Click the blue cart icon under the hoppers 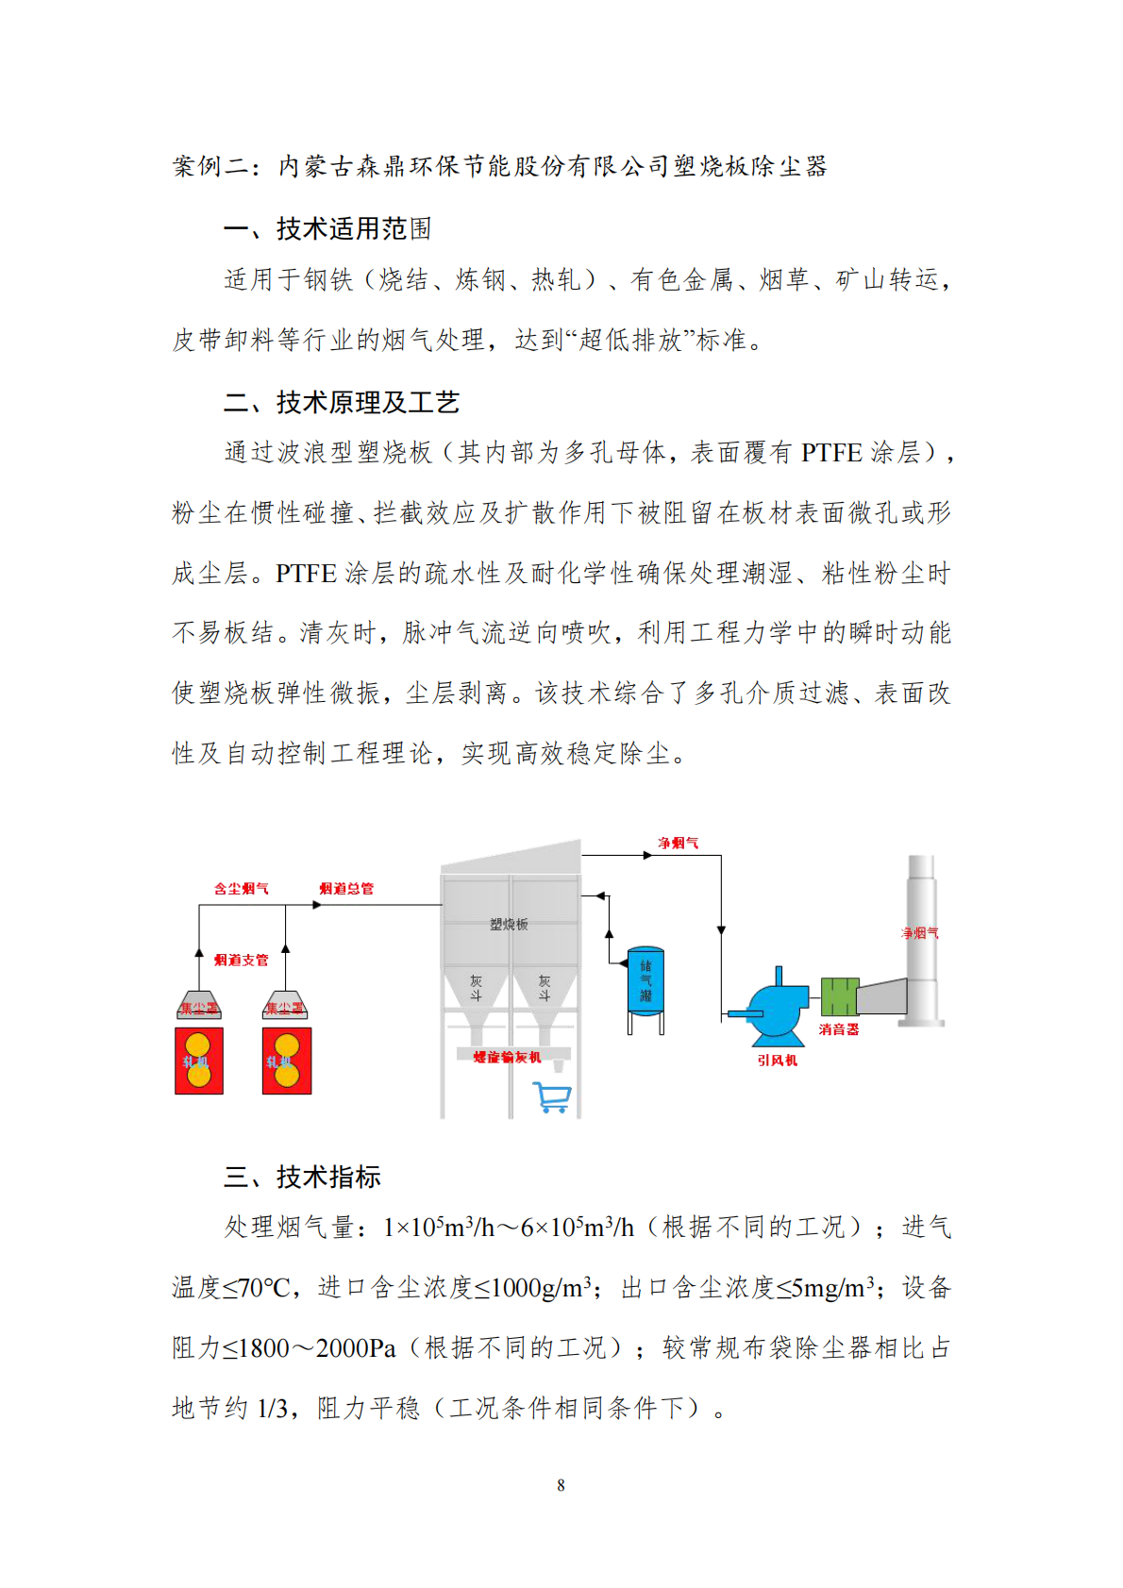552,1096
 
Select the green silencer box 838,996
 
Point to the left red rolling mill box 199,1061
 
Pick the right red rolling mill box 286,1061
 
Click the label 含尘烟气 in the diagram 241,888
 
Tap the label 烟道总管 346,888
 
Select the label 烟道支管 241,960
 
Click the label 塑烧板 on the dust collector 509,924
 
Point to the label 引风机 777,1060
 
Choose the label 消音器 838,1029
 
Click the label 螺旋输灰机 507,1057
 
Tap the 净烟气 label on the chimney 919,933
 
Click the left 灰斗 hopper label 476,987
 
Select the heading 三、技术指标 302,1177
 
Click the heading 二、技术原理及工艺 341,403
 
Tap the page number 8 561,1485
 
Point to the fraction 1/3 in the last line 272,1409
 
